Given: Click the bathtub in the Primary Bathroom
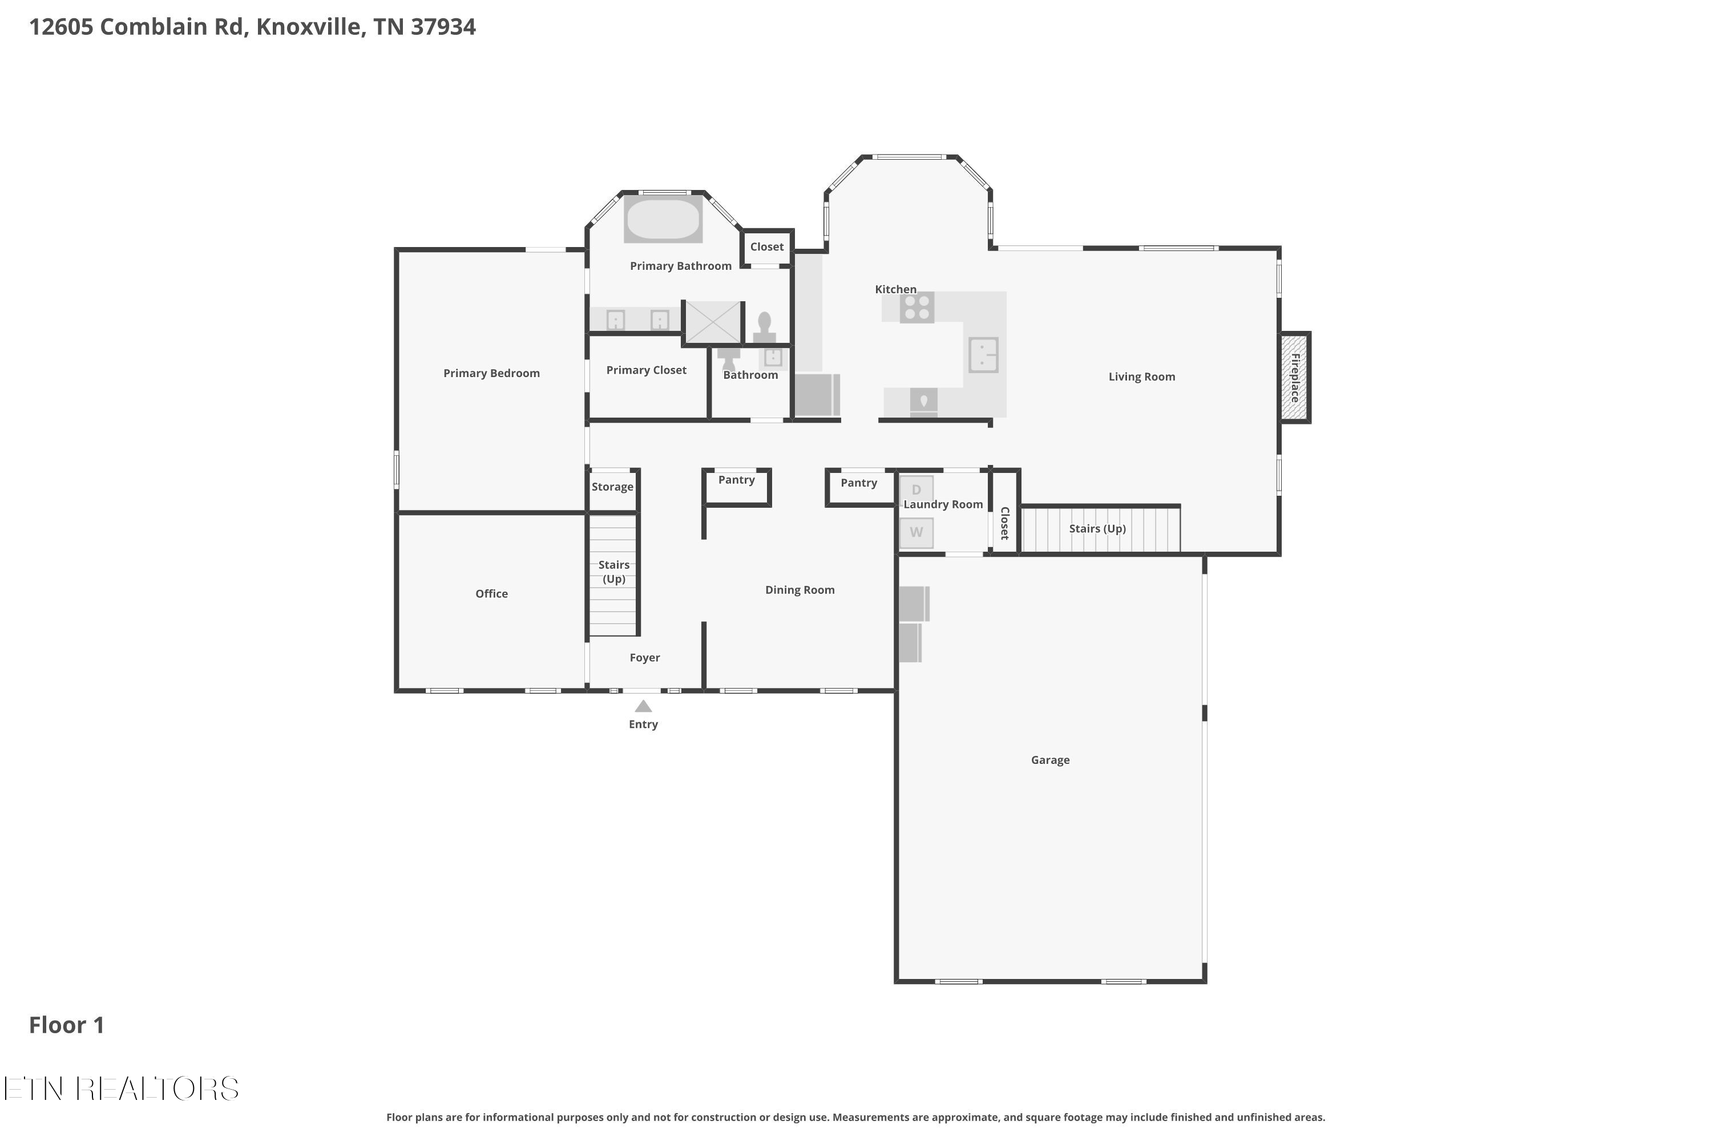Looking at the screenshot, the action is [x=663, y=219].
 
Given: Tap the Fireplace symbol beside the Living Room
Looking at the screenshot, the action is [x=1295, y=377].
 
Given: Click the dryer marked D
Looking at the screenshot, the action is [x=916, y=489].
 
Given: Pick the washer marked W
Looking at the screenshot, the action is [x=916, y=532].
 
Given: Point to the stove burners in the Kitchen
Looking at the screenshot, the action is [x=917, y=307].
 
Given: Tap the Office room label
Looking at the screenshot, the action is [x=491, y=594].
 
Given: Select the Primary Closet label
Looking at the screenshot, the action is [x=647, y=370].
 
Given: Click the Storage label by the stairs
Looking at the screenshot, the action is [x=612, y=487].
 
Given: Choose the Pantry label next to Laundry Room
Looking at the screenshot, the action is [x=859, y=483].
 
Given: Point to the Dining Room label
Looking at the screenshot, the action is [x=800, y=590].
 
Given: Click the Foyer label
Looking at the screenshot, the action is [x=645, y=658].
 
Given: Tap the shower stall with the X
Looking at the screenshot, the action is [x=713, y=322].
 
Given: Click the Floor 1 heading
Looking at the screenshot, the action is [x=67, y=1025].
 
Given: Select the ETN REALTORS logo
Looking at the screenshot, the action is [x=122, y=1089].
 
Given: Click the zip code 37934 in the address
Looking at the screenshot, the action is [x=443, y=27].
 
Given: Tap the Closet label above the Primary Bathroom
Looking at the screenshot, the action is [x=767, y=246].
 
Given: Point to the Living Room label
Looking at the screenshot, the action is [x=1141, y=377].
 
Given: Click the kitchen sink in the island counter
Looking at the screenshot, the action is [x=983, y=355].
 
